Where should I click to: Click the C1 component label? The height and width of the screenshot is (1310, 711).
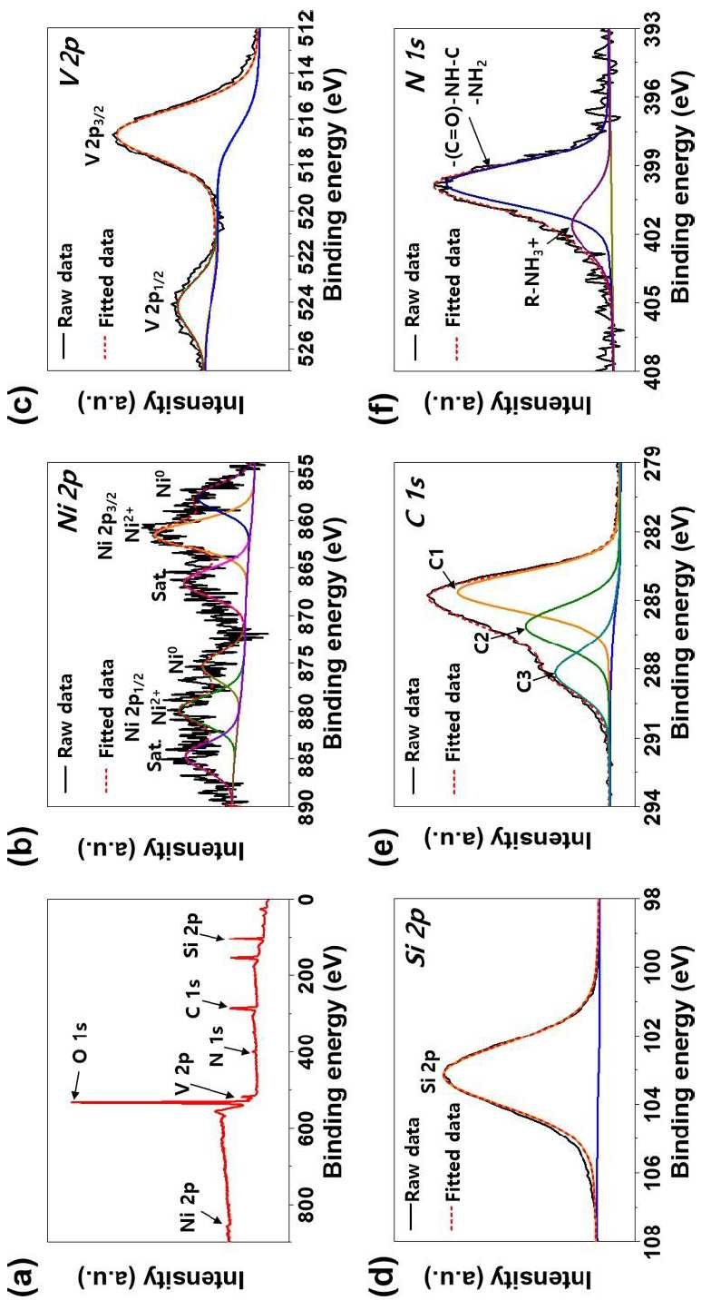[439, 559]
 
